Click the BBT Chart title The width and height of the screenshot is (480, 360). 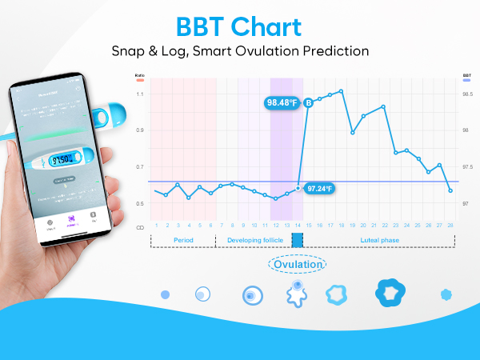click(239, 26)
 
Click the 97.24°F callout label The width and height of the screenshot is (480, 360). click(320, 189)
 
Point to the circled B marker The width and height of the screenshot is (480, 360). click(308, 102)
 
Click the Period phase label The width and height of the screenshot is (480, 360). click(183, 240)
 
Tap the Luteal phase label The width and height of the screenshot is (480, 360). click(379, 240)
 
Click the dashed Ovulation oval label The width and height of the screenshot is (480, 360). click(298, 265)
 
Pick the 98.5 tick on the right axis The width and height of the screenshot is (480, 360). click(467, 94)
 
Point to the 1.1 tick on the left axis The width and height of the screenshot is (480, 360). click(141, 94)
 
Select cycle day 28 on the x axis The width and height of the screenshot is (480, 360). click(450, 225)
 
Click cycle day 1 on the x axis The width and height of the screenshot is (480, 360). click(155, 225)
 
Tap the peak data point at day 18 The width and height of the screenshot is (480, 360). click(342, 91)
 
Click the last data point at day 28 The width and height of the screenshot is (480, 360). click(450, 190)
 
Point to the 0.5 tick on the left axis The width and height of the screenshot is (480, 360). click(141, 203)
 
